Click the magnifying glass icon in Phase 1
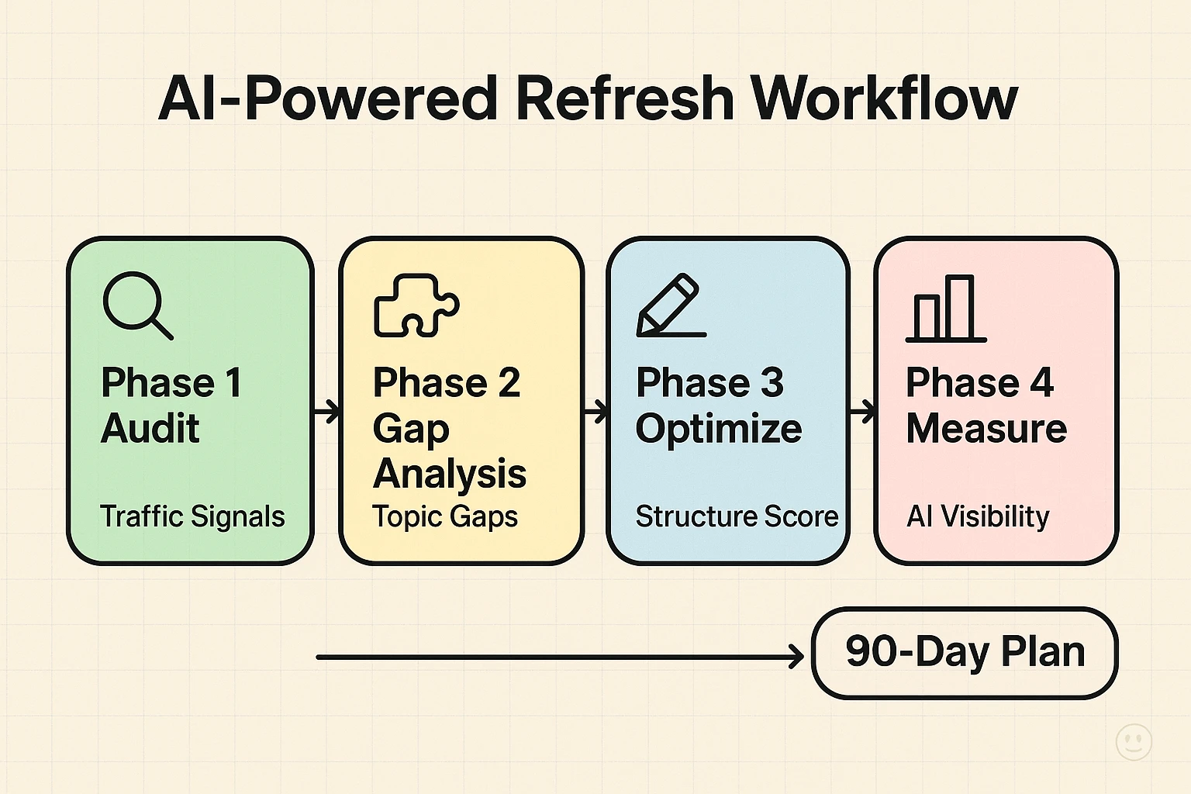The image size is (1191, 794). [136, 304]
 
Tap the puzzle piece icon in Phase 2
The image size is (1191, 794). [416, 306]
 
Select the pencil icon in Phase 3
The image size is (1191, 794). [670, 306]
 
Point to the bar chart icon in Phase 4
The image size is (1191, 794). [945, 309]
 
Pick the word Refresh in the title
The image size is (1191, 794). [624, 98]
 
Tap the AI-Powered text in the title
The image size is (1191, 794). [327, 98]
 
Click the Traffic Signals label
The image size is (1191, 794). [192, 516]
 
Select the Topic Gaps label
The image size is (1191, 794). [444, 516]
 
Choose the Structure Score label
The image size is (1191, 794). [737, 516]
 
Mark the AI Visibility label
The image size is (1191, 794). [978, 516]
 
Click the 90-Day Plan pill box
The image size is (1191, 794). [965, 653]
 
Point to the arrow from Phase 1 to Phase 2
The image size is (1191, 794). [326, 411]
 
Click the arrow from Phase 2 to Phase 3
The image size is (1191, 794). [595, 411]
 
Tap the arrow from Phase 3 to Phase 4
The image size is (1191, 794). [862, 411]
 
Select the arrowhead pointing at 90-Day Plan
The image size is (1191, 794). [796, 658]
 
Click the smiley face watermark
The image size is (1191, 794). [1133, 742]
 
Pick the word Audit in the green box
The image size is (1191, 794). [150, 428]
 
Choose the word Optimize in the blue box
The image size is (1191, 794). [719, 430]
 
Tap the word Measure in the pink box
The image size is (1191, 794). [986, 428]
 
